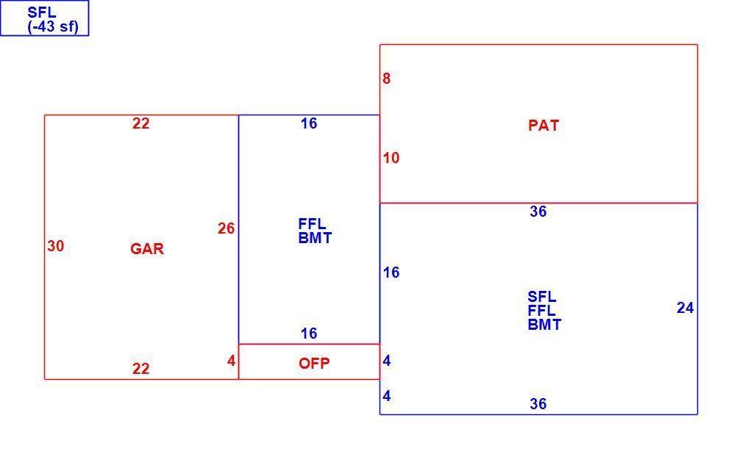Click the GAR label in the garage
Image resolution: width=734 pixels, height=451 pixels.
click(147, 248)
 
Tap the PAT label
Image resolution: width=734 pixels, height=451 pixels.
click(544, 126)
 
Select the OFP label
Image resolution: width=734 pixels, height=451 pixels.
click(314, 363)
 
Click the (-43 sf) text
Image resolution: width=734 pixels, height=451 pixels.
click(53, 26)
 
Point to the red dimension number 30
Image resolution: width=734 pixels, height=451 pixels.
click(56, 246)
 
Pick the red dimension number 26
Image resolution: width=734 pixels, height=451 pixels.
click(226, 228)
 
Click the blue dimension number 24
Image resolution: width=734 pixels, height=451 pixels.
click(685, 308)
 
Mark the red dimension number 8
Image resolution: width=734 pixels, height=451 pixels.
click(386, 79)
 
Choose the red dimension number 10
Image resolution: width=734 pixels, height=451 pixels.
click(391, 158)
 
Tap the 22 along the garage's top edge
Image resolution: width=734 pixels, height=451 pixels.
click(141, 123)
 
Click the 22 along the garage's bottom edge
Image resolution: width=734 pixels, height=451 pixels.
click(141, 369)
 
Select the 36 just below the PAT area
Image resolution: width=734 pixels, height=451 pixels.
click(538, 212)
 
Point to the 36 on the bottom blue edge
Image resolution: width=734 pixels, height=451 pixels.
click(538, 404)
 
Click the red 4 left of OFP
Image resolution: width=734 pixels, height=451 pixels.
click(231, 361)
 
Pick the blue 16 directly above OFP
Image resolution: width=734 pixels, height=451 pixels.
click(309, 333)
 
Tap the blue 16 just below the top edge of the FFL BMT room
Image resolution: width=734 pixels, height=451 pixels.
click(309, 123)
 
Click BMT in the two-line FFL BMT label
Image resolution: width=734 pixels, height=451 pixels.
click(315, 238)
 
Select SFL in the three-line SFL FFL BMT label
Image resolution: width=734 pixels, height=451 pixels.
click(541, 297)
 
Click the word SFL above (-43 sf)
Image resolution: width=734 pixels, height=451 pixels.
click(42, 12)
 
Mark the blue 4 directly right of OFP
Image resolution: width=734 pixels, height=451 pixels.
click(387, 361)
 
